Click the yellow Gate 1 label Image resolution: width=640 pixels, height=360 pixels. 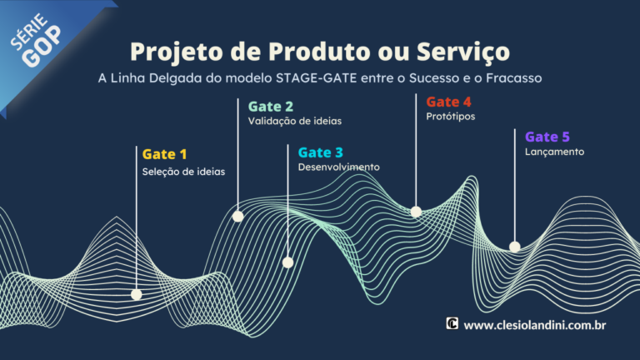pyautogui.click(x=164, y=154)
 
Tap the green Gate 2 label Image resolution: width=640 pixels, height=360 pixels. pyautogui.click(x=270, y=106)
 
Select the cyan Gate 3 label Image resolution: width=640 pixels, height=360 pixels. pyautogui.click(x=320, y=152)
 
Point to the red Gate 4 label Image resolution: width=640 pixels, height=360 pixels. pyautogui.click(x=448, y=102)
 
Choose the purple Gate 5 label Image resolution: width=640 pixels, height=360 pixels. pyautogui.click(x=547, y=137)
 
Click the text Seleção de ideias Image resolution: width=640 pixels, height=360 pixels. pyautogui.click(x=183, y=172)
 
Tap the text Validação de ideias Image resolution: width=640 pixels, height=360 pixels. pyautogui.click(x=294, y=121)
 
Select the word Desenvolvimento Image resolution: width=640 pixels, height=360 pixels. pyautogui.click(x=338, y=167)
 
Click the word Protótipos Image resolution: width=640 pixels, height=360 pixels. pyautogui.click(x=450, y=117)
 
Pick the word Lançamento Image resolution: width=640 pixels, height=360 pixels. pyautogui.click(x=554, y=152)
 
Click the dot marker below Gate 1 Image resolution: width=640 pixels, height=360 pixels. pyautogui.click(x=137, y=294)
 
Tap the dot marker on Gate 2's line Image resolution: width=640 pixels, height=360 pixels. pyautogui.click(x=237, y=216)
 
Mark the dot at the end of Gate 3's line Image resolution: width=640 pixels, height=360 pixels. pyautogui.click(x=287, y=262)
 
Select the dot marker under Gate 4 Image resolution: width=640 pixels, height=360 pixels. pyautogui.click(x=416, y=212)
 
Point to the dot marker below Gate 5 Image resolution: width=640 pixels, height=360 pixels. pyautogui.click(x=515, y=247)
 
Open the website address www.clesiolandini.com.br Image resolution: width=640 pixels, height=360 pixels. pyautogui.click(x=533, y=324)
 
